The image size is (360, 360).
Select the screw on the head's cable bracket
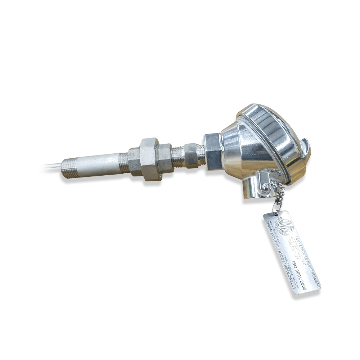point(265,186)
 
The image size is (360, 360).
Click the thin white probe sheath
point(50,166)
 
